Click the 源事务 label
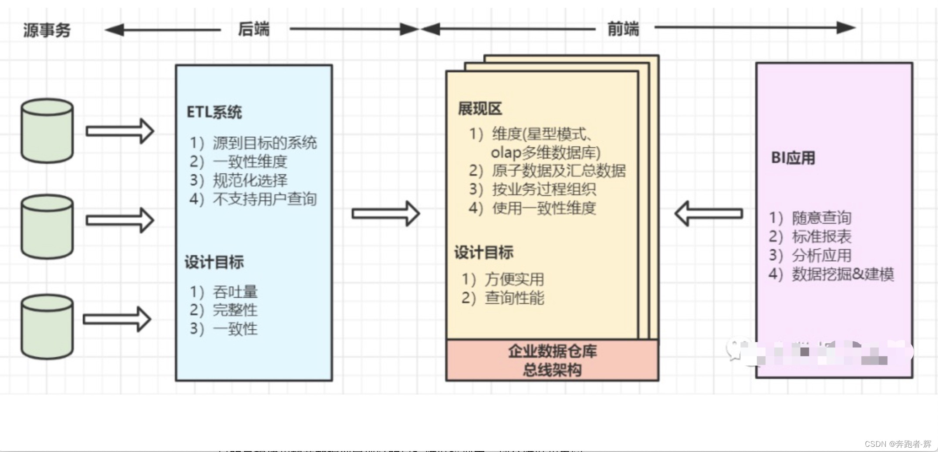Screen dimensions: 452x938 point(47,30)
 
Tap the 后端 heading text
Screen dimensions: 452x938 point(254,29)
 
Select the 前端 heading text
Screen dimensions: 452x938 point(623,29)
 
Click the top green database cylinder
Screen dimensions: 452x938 point(47,131)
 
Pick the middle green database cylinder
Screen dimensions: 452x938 point(47,226)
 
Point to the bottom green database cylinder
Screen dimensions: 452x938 point(47,327)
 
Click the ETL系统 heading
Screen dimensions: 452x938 point(214,112)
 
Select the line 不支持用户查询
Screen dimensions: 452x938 point(264,199)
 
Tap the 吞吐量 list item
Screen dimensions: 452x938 point(235,291)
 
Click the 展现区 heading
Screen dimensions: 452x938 point(480,109)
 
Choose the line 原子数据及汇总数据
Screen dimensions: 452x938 point(558,171)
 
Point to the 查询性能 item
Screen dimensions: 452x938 point(514,298)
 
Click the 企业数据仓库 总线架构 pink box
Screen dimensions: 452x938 point(552,361)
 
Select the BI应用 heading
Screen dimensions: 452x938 point(793,158)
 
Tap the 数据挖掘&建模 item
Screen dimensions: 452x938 point(843,274)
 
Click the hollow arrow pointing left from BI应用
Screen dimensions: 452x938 point(709,213)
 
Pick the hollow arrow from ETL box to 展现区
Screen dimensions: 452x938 point(386,213)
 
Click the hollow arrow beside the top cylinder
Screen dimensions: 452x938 point(120,131)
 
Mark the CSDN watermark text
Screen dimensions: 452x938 point(898,444)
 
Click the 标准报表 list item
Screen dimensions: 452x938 point(821,236)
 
